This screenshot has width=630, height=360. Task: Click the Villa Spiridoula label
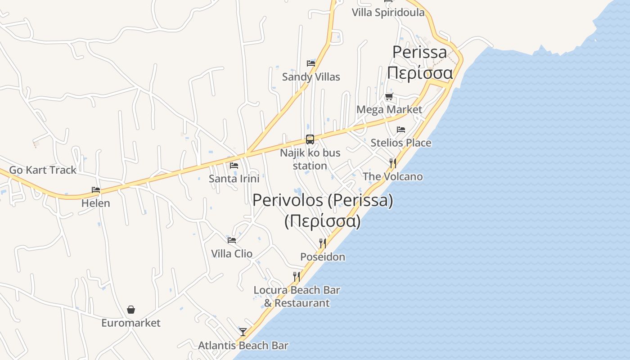[x=388, y=13]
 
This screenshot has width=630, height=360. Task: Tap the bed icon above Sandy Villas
[x=311, y=63]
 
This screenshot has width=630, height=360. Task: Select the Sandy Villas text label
[x=311, y=77]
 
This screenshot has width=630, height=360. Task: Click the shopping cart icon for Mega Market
[x=389, y=96]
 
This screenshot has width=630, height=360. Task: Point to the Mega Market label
[x=389, y=110]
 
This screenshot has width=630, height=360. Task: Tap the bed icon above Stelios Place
[x=401, y=130]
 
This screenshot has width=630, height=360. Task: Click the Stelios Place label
[x=401, y=143]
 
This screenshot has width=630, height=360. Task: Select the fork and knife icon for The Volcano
[x=393, y=163]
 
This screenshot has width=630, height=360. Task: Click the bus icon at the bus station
[x=310, y=139]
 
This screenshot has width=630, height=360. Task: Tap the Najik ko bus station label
[x=310, y=159]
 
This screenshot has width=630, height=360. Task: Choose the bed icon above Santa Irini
[x=234, y=165]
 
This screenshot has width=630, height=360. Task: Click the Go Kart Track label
[x=43, y=170]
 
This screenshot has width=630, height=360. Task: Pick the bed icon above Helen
[x=96, y=189]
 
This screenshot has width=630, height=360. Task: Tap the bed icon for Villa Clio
[x=232, y=240]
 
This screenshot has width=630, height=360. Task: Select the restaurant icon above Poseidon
[x=323, y=243]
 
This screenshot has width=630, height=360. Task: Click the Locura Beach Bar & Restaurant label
[x=297, y=297]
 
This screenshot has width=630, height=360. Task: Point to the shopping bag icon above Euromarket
[x=131, y=310]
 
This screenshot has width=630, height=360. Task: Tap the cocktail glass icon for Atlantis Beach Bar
[x=243, y=332]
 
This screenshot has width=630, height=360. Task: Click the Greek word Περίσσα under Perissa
[x=420, y=72]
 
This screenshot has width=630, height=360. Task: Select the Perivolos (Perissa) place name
[x=323, y=200]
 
